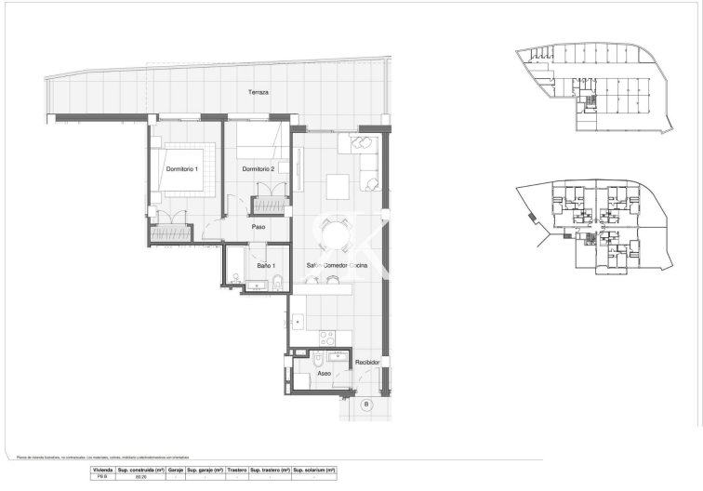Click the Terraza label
[x=258, y=94]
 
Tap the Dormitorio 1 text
[x=182, y=169]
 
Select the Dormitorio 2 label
[x=259, y=169]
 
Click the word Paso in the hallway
[x=259, y=226]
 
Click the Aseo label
[x=324, y=373]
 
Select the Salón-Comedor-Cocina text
[x=337, y=266]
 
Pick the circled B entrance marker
[x=365, y=405]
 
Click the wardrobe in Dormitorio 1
[x=173, y=226]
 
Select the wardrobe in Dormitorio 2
[x=271, y=205]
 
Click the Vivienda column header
[x=102, y=471]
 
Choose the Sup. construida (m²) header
[x=141, y=471]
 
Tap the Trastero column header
[x=236, y=471]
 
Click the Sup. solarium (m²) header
[x=314, y=471]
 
